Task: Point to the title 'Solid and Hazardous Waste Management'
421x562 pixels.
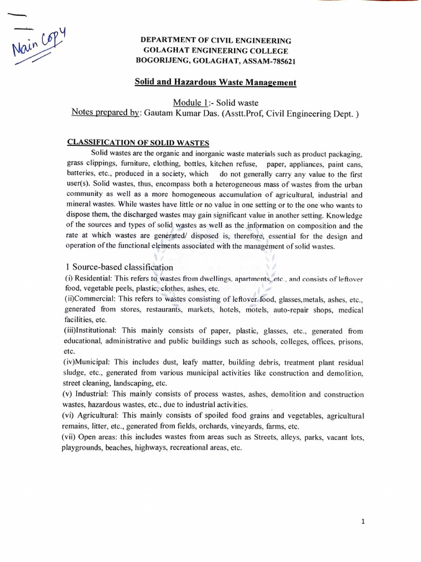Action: click(215, 82)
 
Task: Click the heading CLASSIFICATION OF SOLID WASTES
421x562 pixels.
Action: click(138, 142)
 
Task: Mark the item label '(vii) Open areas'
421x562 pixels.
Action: click(91, 437)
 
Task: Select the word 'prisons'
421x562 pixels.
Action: click(349, 341)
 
